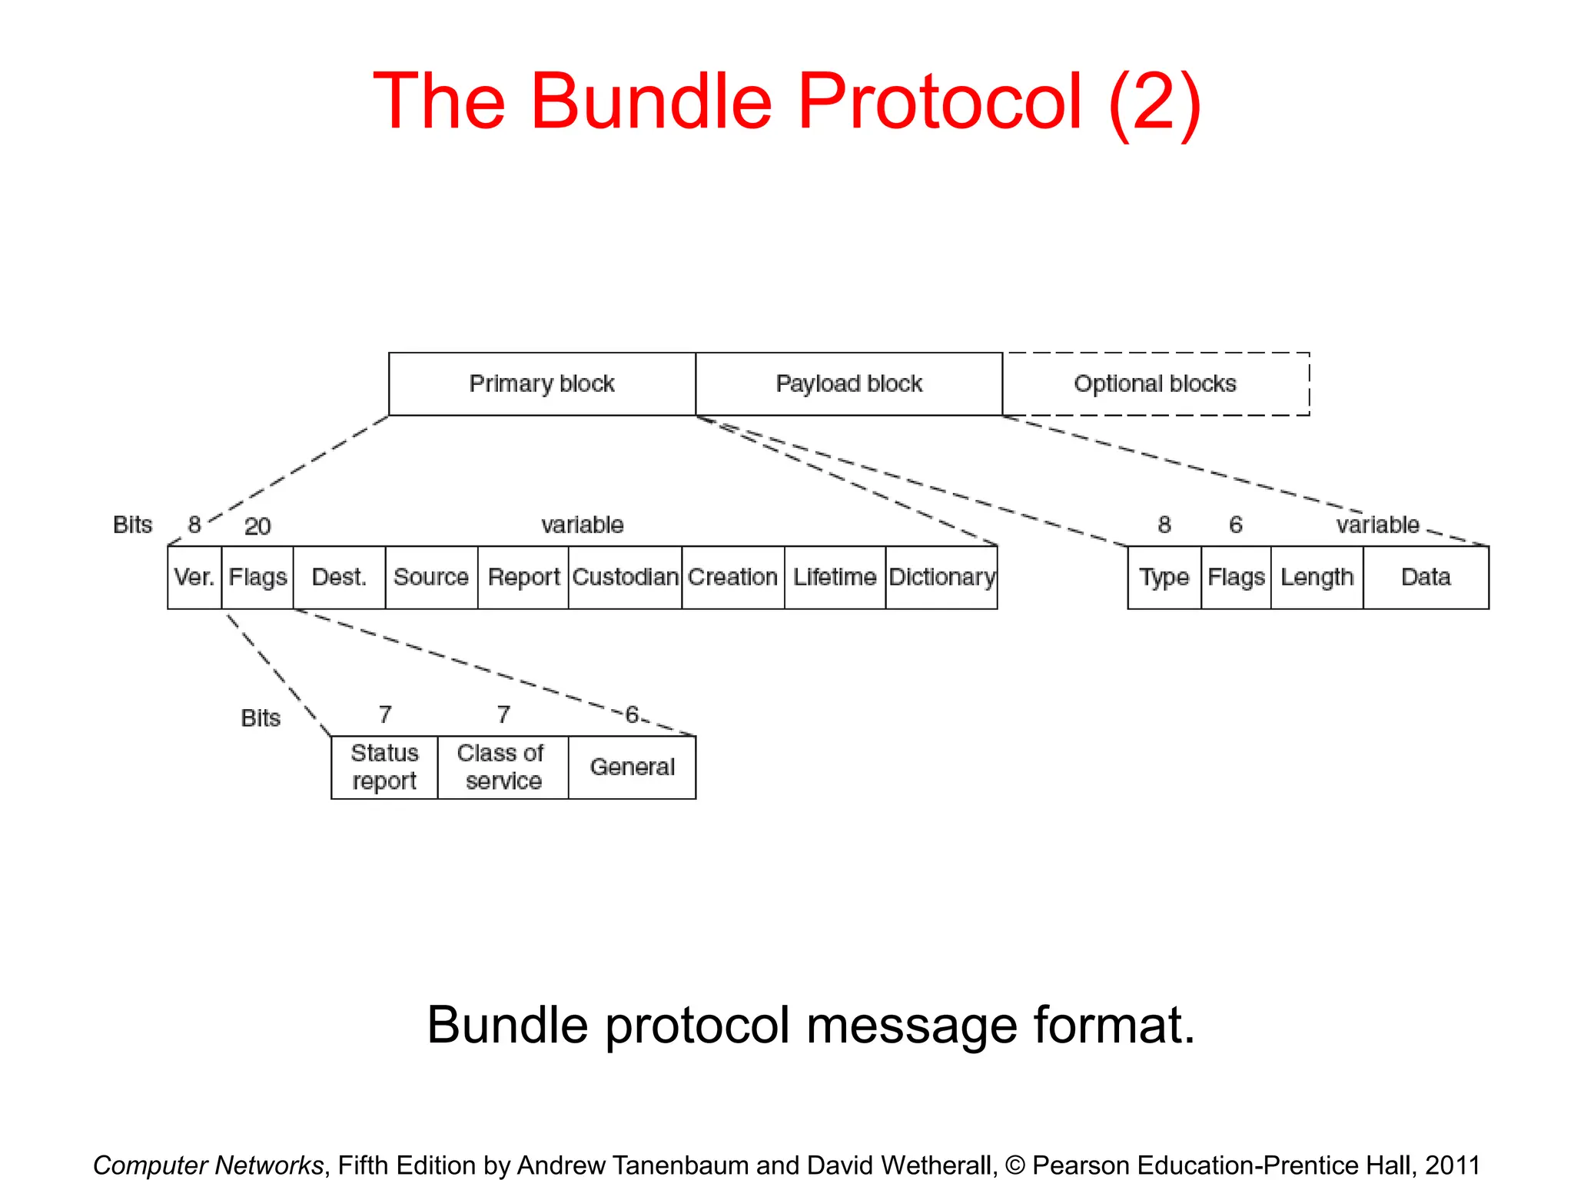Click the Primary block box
click(x=542, y=384)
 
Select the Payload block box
click(x=848, y=384)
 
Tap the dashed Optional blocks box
click(x=1155, y=384)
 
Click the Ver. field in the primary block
click(x=194, y=578)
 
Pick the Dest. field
click(x=339, y=578)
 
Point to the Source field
click(x=431, y=578)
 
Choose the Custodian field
click(x=625, y=578)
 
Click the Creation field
click(x=733, y=578)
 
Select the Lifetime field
click(x=835, y=578)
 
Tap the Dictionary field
click(x=941, y=578)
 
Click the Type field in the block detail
click(x=1164, y=578)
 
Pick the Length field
click(x=1317, y=578)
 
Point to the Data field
click(x=1426, y=578)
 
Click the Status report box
click(x=384, y=767)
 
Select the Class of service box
click(x=503, y=767)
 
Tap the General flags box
click(x=632, y=767)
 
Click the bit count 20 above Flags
click(x=257, y=527)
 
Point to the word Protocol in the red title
click(x=939, y=101)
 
